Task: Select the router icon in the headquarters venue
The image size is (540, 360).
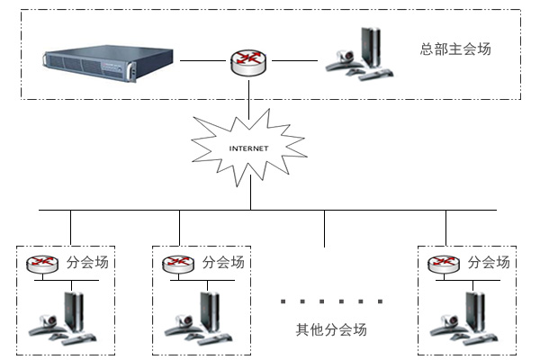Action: point(247,61)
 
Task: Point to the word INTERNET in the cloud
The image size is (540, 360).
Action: point(249,147)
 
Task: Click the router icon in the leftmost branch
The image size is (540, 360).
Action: point(41,264)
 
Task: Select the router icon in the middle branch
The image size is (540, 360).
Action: point(178,264)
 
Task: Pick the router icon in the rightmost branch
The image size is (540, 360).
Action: point(443,264)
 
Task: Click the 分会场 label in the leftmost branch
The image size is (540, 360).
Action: point(86,263)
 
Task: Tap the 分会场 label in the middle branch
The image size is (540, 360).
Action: point(223,263)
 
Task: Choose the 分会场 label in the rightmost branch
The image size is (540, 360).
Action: point(489,263)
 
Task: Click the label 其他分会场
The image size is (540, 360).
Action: point(331,329)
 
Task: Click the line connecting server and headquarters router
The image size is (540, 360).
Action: point(203,61)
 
